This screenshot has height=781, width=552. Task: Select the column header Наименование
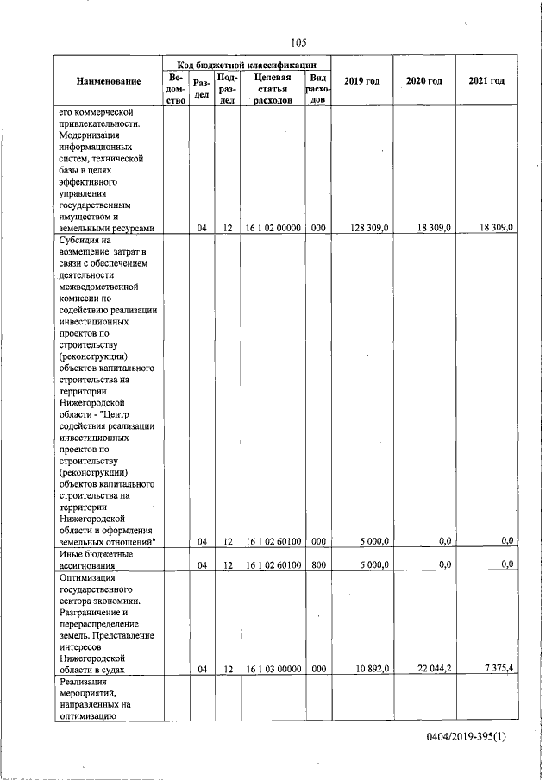coord(109,81)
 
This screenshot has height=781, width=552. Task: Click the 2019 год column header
coord(361,81)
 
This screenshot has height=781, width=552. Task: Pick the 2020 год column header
coord(424,81)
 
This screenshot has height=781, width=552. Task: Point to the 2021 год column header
coord(486,81)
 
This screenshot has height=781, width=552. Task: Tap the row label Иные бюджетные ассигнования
coord(96,559)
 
